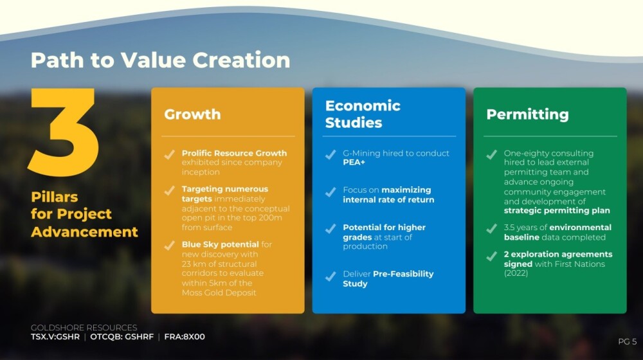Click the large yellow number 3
[64, 132]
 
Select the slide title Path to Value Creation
[160, 60]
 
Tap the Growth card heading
[192, 114]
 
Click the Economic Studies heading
[363, 114]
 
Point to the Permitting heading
[527, 114]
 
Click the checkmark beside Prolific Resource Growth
[169, 154]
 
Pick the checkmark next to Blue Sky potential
[169, 246]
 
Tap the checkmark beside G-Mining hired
[331, 154]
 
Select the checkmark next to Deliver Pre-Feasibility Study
[331, 276]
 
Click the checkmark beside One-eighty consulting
[492, 154]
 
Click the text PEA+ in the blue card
[354, 163]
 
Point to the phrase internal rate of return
[388, 200]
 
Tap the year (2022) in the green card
[516, 273]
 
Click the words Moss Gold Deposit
[219, 292]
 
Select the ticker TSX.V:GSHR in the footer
[55, 337]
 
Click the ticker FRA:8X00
[185, 337]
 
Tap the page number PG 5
[628, 341]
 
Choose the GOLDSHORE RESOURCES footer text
[84, 328]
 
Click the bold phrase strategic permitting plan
[557, 211]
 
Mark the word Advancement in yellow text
[84, 232]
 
